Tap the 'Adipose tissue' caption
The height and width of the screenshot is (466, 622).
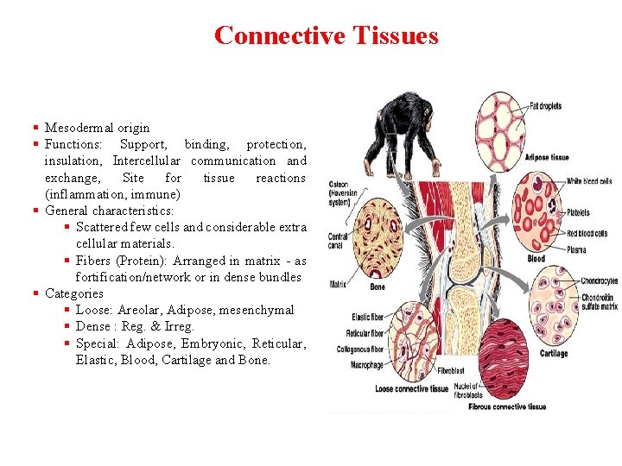pyautogui.click(x=546, y=157)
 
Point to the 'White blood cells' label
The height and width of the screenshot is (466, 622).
pyautogui.click(x=589, y=181)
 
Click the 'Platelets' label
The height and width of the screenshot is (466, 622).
pyautogui.click(x=578, y=212)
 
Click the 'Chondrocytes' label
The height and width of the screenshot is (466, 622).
pyautogui.click(x=599, y=280)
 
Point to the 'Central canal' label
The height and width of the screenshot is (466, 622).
pyautogui.click(x=338, y=239)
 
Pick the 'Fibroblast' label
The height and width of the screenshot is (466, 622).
pyautogui.click(x=450, y=371)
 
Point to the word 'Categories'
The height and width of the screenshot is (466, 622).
pyautogui.click(x=74, y=293)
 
